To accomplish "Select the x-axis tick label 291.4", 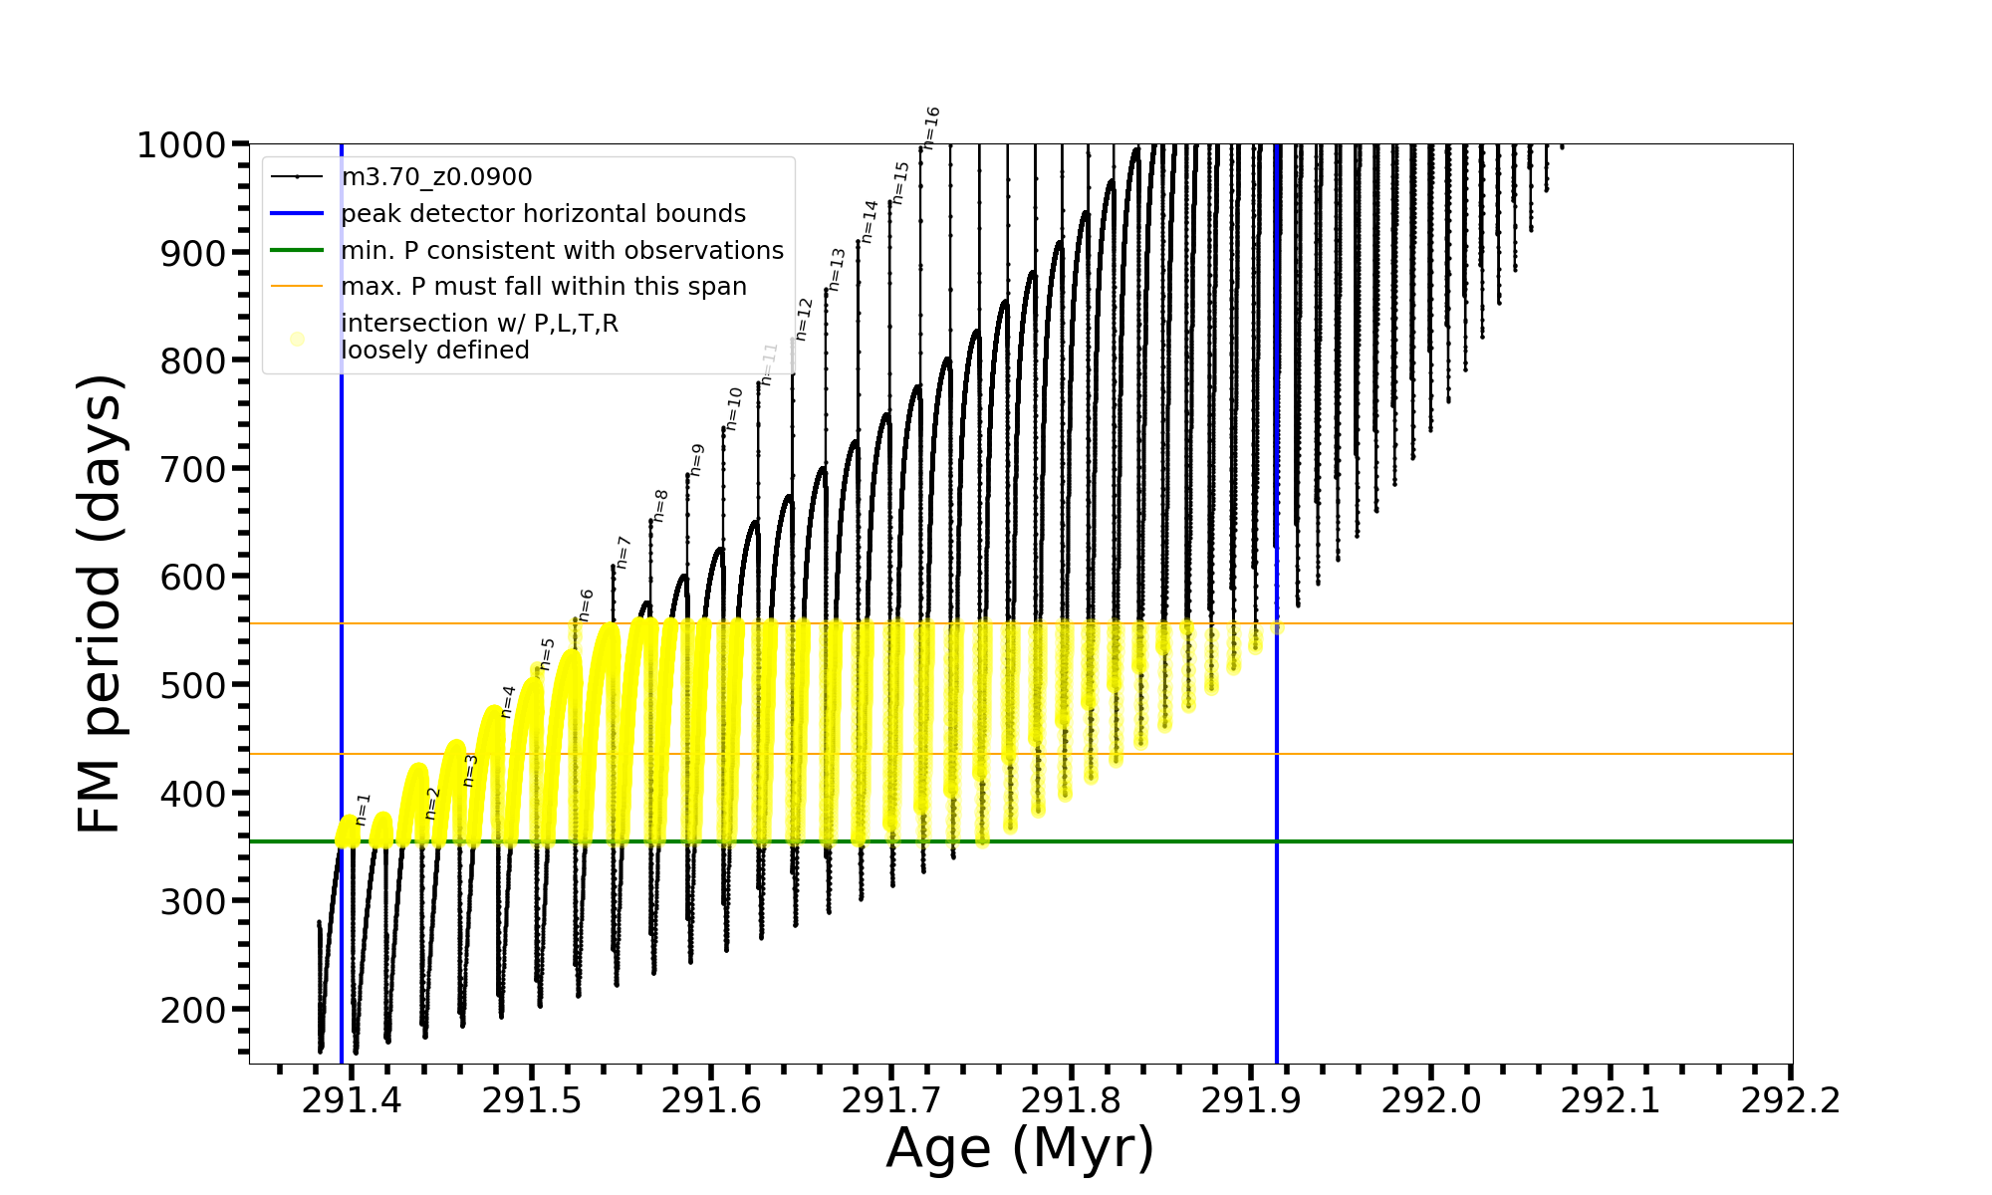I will [x=352, y=1100].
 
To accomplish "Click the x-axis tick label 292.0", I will [x=1430, y=1100].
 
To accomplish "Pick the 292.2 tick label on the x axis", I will [x=1790, y=1100].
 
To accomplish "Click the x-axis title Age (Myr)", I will [x=1020, y=1148].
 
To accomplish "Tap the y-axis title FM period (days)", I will [x=101, y=603].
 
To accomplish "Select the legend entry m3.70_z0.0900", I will [x=436, y=177].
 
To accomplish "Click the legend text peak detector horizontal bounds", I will [x=543, y=214].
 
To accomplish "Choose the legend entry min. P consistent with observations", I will [x=562, y=251].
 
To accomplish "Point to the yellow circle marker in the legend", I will [x=297, y=339].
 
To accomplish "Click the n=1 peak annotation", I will [x=363, y=809].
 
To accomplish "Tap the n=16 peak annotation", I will [x=931, y=127].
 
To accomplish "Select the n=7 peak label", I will [x=622, y=552].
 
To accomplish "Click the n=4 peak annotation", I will [x=508, y=700].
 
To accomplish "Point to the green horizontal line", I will [x=1494, y=841].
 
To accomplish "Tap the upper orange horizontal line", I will [x=1494, y=623].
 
